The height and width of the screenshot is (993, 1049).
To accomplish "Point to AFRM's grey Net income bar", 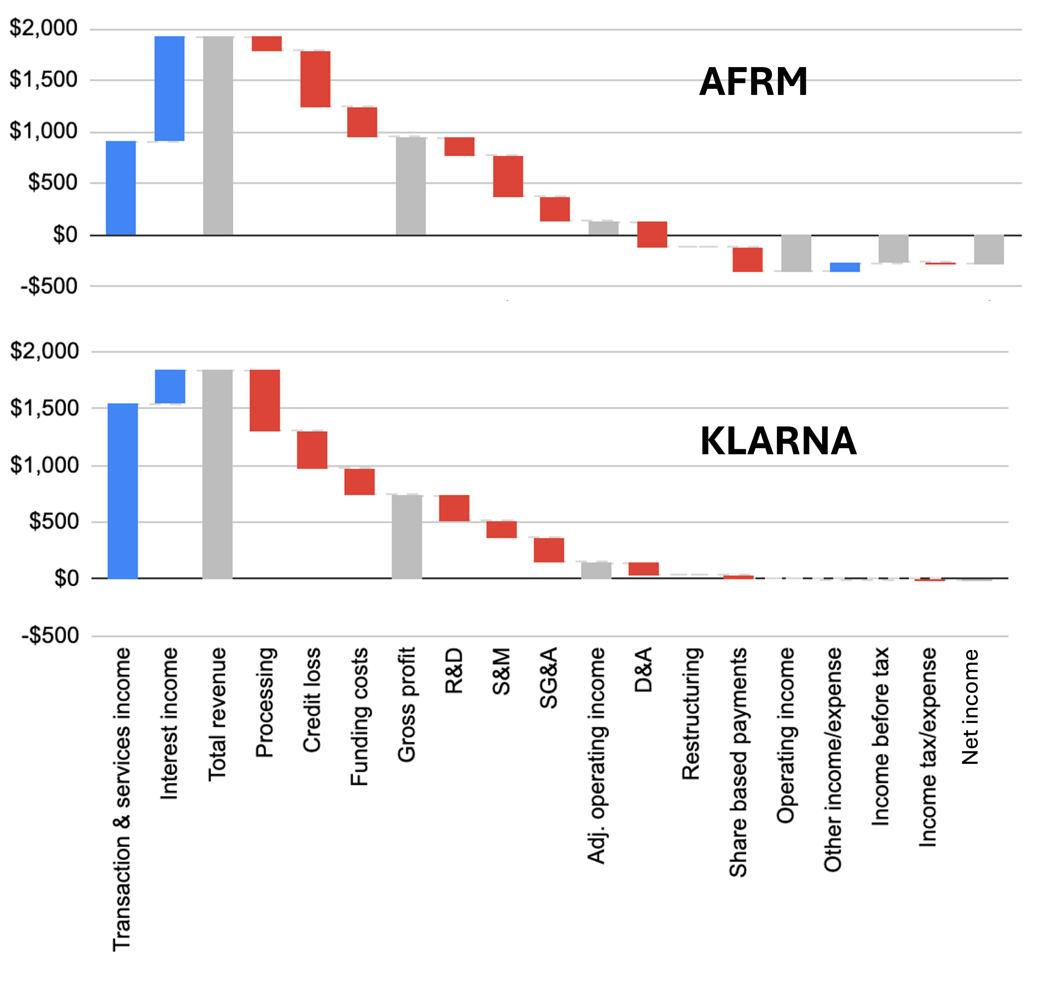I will pos(989,249).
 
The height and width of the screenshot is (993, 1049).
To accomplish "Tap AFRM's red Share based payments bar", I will pos(747,259).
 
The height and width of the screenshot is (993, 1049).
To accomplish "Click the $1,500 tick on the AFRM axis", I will pos(43,80).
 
